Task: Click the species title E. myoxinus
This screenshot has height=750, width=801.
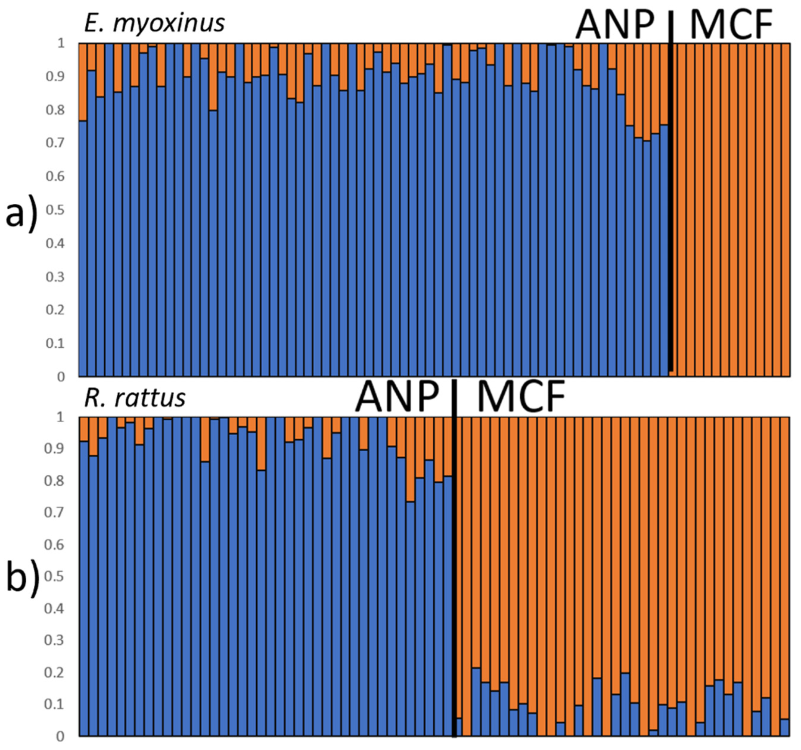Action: [154, 23]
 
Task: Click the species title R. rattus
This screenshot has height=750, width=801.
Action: [134, 398]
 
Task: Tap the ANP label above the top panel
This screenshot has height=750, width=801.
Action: [615, 25]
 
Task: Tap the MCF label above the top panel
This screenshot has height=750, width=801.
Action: [731, 25]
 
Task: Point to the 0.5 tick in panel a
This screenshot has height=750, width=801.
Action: [55, 210]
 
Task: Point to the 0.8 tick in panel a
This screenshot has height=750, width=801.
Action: [55, 109]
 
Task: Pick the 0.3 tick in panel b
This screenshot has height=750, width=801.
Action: [55, 641]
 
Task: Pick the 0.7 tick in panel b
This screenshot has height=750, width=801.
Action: [55, 513]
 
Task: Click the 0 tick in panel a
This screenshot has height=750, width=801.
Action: [61, 377]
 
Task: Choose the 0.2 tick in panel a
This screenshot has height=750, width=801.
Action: [55, 310]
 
